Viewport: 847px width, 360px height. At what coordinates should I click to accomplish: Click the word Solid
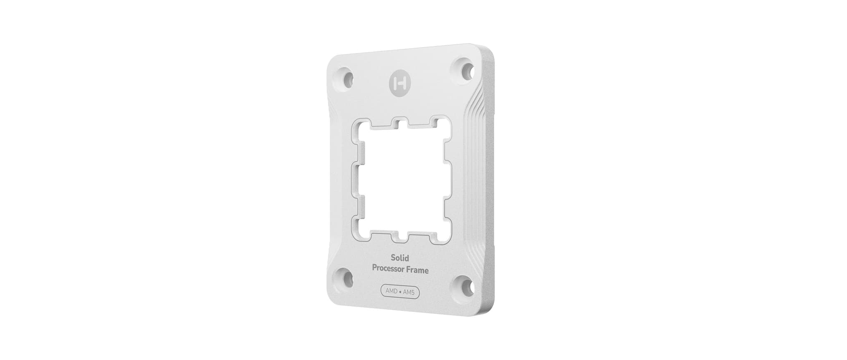(x=400, y=258)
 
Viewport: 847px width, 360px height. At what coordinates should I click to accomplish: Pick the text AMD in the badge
(x=391, y=291)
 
